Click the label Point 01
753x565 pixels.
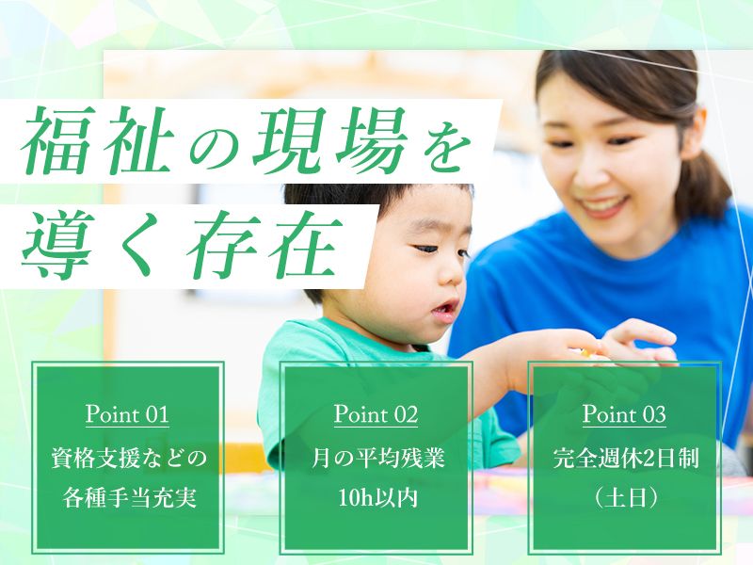tap(127, 413)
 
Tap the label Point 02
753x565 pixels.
tap(376, 413)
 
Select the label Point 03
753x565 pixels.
tap(624, 413)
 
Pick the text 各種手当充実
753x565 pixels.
tap(127, 496)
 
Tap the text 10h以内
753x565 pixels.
tap(376, 496)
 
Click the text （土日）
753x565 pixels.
tap(624, 496)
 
